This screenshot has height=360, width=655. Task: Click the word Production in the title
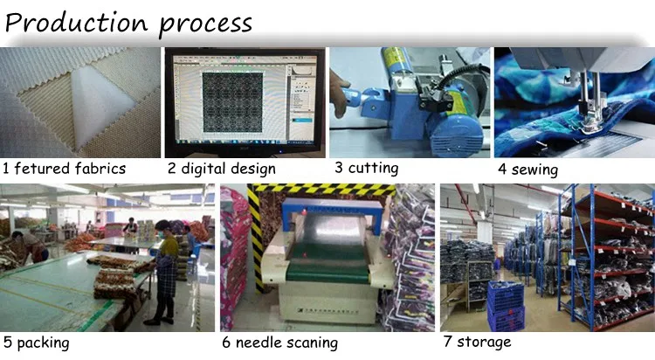click(77, 22)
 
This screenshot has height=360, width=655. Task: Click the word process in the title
click(205, 24)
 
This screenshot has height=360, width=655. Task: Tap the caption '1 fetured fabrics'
click(64, 169)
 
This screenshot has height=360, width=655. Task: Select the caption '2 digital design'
click(222, 169)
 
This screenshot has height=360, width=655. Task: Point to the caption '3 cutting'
click(366, 168)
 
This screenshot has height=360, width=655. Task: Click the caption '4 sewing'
click(528, 170)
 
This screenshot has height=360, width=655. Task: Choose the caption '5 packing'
click(37, 343)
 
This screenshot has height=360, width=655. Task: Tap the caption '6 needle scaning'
click(279, 343)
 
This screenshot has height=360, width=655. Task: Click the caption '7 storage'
click(477, 342)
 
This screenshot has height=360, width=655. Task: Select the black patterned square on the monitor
click(232, 102)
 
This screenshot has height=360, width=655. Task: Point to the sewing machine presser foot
click(589, 122)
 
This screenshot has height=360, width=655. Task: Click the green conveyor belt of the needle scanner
click(327, 263)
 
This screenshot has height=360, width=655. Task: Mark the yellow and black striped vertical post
click(255, 239)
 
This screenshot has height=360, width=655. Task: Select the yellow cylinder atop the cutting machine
click(396, 63)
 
